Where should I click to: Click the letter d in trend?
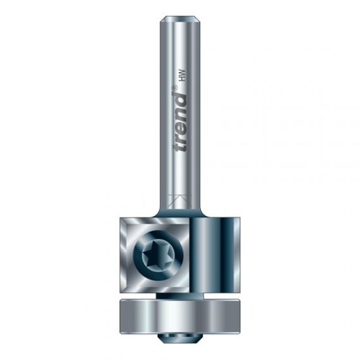[181, 98]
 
